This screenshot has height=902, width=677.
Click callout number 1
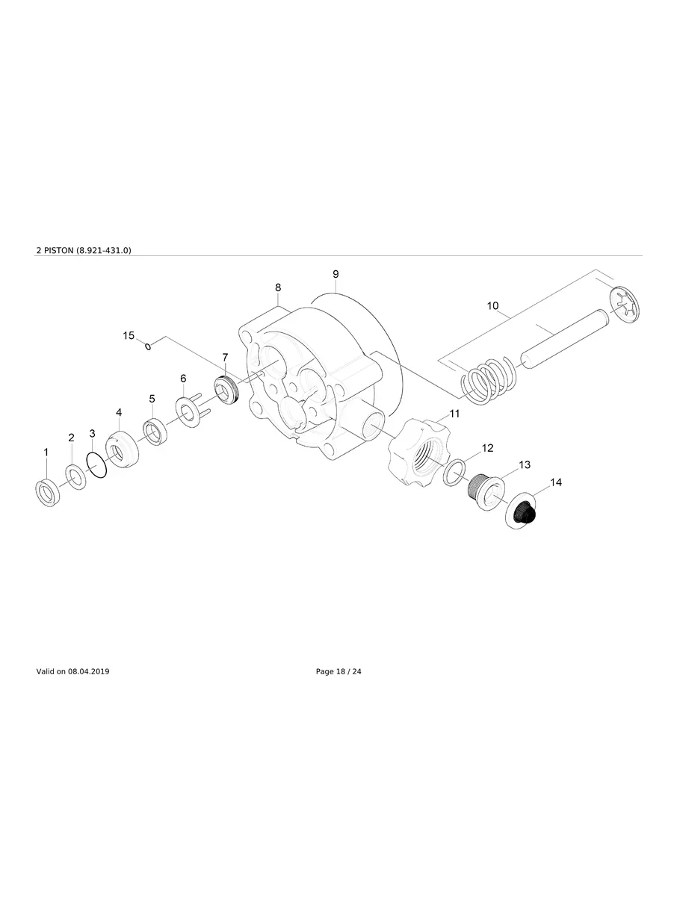point(46,452)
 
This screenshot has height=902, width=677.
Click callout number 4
point(119,412)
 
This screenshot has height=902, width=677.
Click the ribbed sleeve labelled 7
point(225,389)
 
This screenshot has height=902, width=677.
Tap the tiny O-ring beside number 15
point(148,346)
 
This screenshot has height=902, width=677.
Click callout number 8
point(278,287)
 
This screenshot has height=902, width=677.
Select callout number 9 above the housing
point(336,274)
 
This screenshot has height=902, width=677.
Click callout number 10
point(492,306)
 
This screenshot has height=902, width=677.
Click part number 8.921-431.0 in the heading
point(104,251)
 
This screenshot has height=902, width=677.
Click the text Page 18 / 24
point(338,672)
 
